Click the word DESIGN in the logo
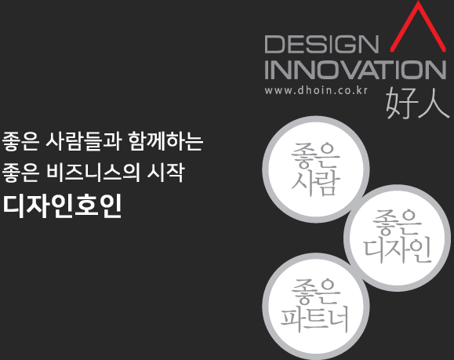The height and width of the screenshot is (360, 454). coord(321,44)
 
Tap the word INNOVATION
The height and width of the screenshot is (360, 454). coord(355,70)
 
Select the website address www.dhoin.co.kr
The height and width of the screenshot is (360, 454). coord(316,90)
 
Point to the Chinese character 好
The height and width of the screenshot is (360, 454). coord(400,103)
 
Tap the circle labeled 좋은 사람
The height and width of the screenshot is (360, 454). coord(315,169)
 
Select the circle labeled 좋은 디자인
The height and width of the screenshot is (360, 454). coord(398,238)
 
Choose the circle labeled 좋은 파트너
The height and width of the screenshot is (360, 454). coord(315,307)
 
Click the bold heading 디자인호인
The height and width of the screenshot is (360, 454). coord(62,206)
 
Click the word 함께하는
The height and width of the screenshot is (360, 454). coord(165,141)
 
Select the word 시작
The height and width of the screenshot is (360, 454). coord(165,173)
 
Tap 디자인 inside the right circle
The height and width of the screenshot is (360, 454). coord(398,251)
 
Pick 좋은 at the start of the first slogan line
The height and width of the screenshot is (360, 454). coord(20,141)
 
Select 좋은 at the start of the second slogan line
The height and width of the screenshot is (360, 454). coord(20,173)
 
